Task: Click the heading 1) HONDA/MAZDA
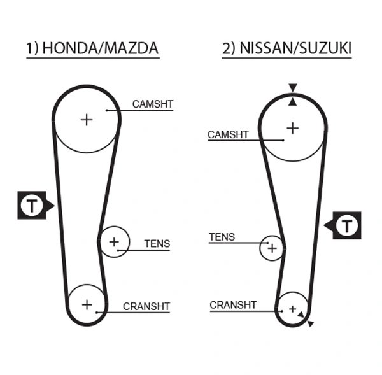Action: coord(92,48)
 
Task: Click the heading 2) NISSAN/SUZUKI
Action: coord(286,48)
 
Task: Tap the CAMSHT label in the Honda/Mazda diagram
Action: coord(152,104)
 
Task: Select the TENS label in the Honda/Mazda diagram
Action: coord(157,243)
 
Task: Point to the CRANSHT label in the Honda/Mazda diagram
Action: coord(146,306)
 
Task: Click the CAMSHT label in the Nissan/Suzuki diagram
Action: coord(228,134)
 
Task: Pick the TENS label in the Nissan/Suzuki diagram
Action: coord(222,237)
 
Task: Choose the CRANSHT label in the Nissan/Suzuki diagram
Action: coord(233,305)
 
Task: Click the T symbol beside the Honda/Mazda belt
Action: coord(30,205)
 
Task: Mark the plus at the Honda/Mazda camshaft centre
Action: coord(86,119)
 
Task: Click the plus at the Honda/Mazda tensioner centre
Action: coord(114,242)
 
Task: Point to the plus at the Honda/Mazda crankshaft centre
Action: coord(87,303)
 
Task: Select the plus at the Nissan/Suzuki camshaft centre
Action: coord(292,127)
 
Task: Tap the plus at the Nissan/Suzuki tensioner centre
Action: coord(272,248)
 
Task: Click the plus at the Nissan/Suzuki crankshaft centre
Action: coord(293,309)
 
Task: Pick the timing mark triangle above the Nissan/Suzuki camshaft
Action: coord(292,87)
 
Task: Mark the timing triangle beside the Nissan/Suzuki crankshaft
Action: coord(310,324)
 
